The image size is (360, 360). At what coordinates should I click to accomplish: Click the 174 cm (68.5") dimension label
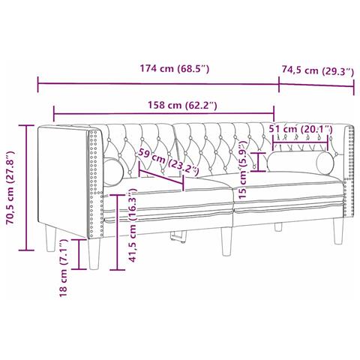174,69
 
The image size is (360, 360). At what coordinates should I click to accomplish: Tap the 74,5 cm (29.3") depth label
317,71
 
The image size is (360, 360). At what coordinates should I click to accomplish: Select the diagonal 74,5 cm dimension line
316,85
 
